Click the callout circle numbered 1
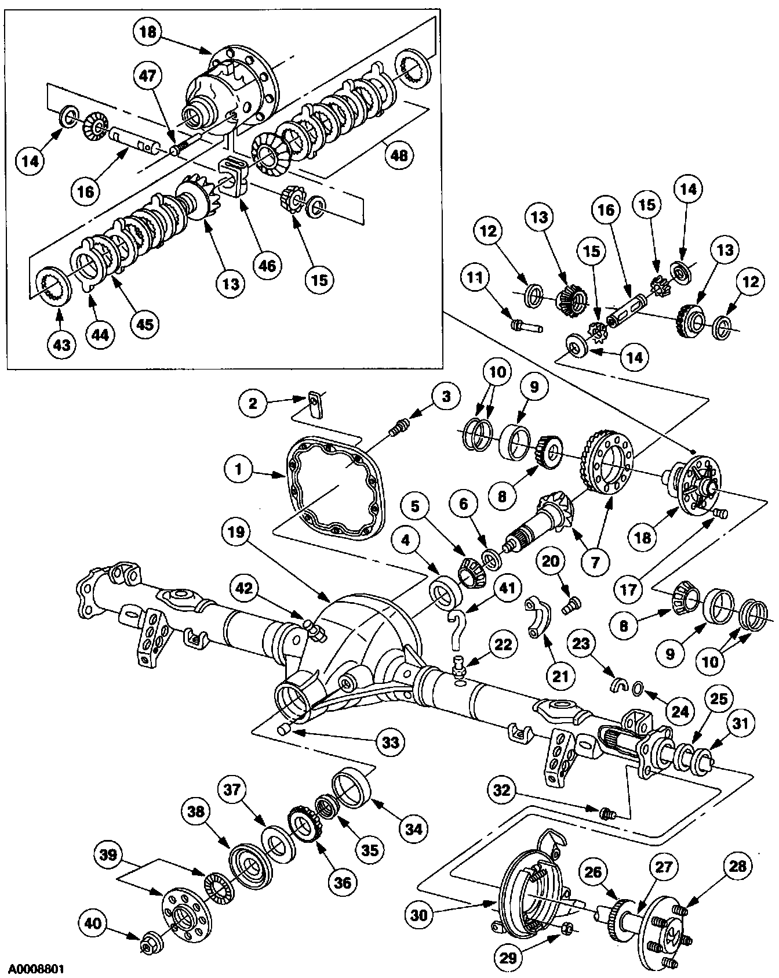click(x=238, y=469)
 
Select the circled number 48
click(x=399, y=155)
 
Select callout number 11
click(x=475, y=279)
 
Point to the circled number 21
click(x=561, y=675)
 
